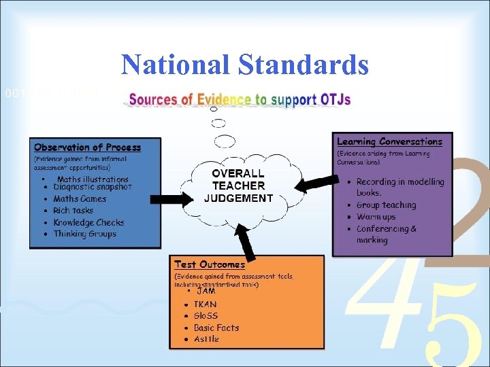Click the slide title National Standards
pyautogui.click(x=245, y=65)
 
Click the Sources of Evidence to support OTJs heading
pyautogui.click(x=240, y=100)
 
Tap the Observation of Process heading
pyautogui.click(x=87, y=147)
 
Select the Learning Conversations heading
pyautogui.click(x=389, y=142)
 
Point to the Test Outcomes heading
pyautogui.click(x=209, y=264)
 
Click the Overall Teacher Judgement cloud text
pyautogui.click(x=238, y=186)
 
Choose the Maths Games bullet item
pyautogui.click(x=80, y=198)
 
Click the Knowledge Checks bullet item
pyautogui.click(x=89, y=222)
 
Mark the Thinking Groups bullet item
pyautogui.click(x=84, y=234)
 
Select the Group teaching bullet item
pyautogui.click(x=386, y=205)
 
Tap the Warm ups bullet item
pyautogui.click(x=376, y=217)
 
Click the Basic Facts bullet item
pyautogui.click(x=216, y=328)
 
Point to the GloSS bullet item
pyautogui.click(x=206, y=316)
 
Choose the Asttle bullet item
pyautogui.click(x=206, y=339)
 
